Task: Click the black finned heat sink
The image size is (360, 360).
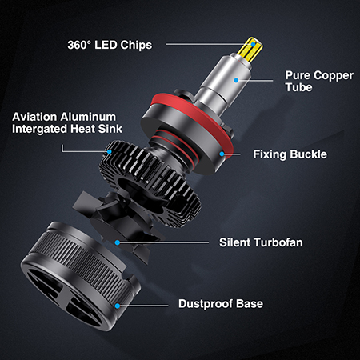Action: pos(150,182)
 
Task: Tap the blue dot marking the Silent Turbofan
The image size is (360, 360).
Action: pos(118,242)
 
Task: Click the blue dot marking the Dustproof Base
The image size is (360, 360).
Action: pos(118,306)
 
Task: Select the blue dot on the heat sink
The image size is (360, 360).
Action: pos(110,152)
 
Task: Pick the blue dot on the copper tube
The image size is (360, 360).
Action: pos(236,80)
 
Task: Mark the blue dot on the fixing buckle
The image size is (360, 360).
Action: pos(222,154)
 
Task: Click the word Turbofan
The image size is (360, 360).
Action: pos(278,242)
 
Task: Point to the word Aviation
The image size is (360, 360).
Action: pos(34,117)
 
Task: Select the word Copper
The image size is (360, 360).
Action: pos(334,75)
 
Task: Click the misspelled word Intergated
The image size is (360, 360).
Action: pos(40,129)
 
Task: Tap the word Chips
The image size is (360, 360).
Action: pos(136,46)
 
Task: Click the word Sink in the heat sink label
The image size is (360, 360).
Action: pos(110,129)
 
